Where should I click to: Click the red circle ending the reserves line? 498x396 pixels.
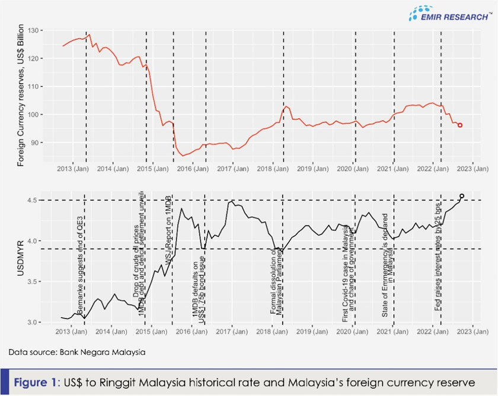pyautogui.click(x=460, y=125)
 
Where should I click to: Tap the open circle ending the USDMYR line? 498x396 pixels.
pyautogui.click(x=462, y=196)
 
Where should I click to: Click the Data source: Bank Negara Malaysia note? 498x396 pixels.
pyautogui.click(x=77, y=352)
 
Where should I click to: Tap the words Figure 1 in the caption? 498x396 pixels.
pyautogui.click(x=36, y=383)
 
